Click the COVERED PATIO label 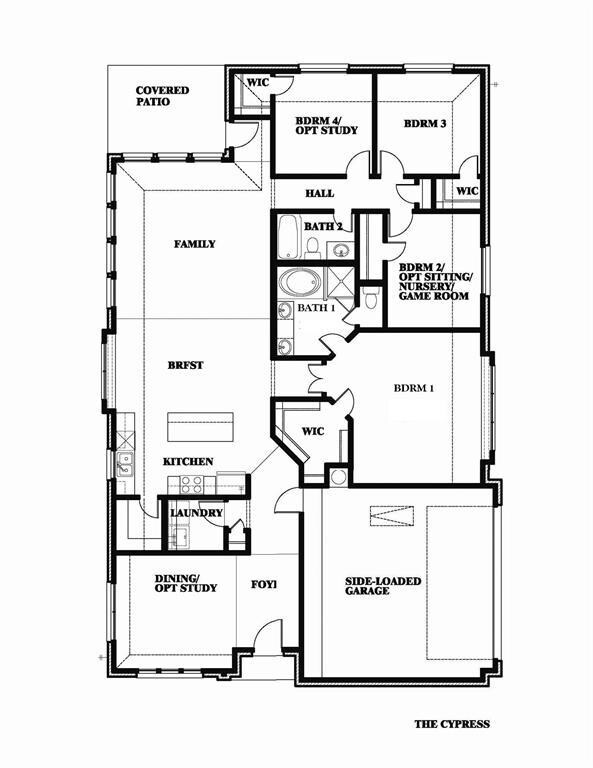point(162,96)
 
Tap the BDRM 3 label point(425,123)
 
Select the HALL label point(320,193)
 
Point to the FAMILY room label point(194,244)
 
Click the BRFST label point(185,365)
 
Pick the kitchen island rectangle point(200,427)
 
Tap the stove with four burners point(191,485)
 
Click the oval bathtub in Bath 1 point(300,283)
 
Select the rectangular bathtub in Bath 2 point(288,237)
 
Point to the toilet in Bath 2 point(312,248)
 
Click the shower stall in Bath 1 point(338,283)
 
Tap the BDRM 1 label point(414,388)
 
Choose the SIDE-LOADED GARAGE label point(383,586)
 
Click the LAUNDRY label point(196,513)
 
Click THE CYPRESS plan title point(452,724)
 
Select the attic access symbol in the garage point(392,516)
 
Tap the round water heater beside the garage point(338,477)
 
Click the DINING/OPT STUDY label point(186,583)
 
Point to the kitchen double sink point(125,464)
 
